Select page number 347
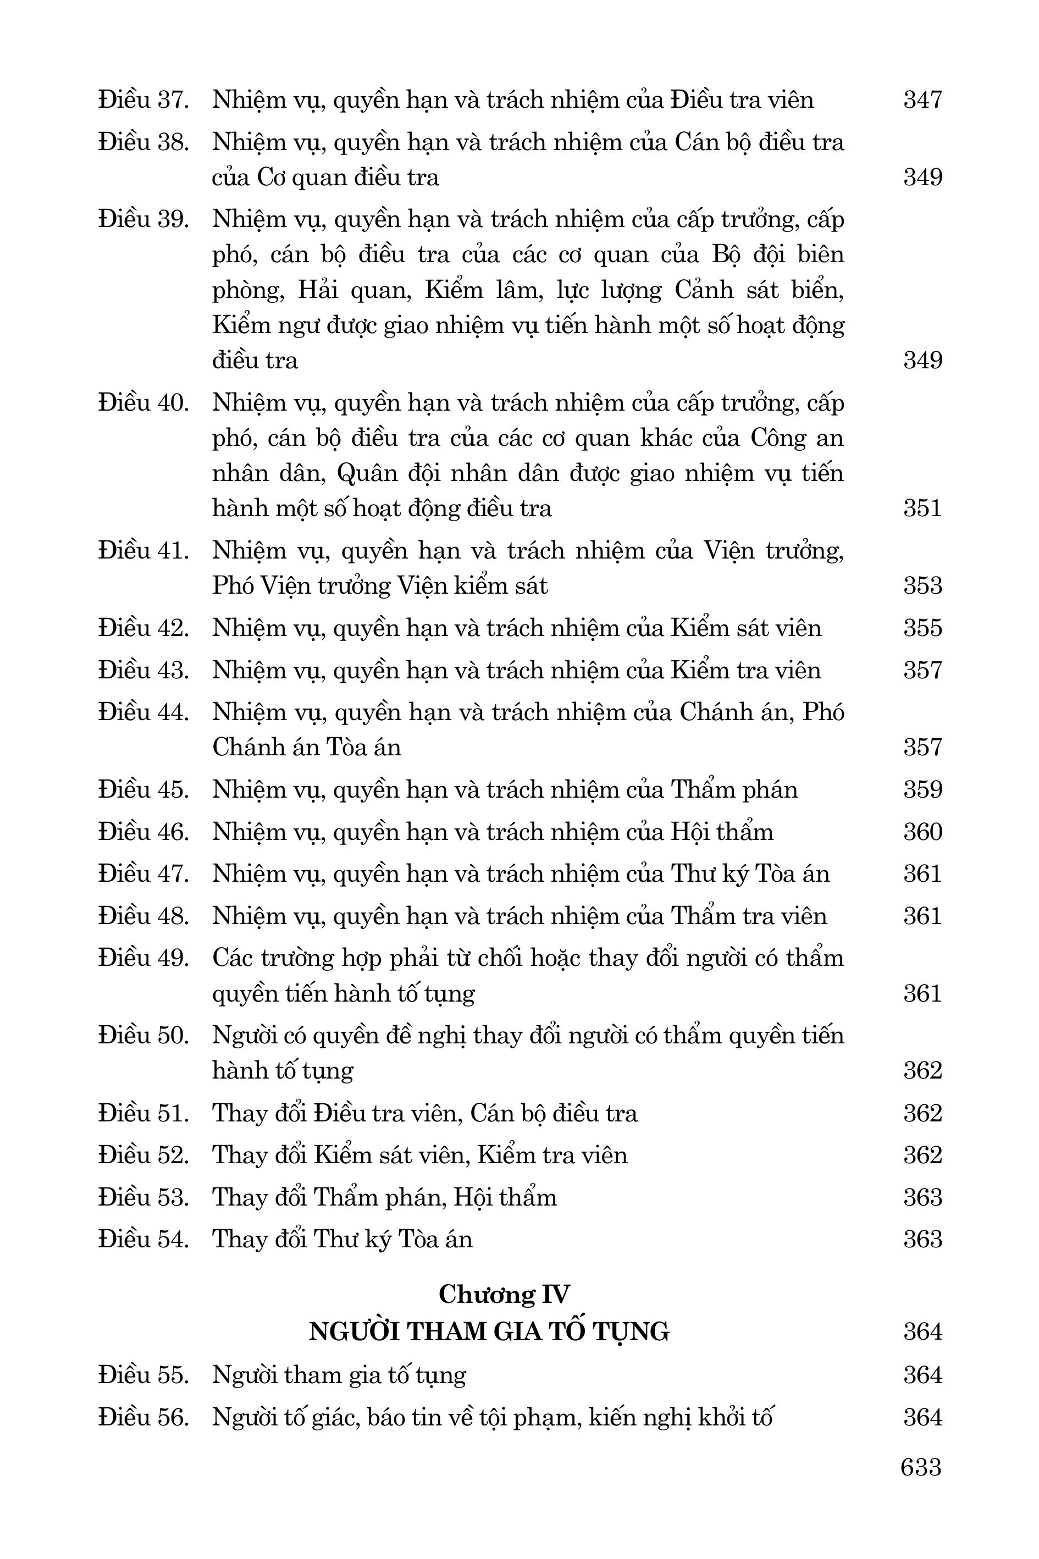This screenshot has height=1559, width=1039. [922, 100]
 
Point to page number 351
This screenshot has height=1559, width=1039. [922, 508]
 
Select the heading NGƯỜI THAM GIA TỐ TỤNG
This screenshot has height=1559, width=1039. [489, 1332]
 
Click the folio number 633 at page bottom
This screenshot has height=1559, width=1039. [920, 1467]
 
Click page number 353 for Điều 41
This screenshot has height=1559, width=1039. [922, 585]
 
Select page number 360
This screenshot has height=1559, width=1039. [922, 832]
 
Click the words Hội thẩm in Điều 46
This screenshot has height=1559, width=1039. [722, 832]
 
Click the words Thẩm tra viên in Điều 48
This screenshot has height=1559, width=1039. [749, 916]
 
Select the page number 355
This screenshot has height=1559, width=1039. [922, 628]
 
